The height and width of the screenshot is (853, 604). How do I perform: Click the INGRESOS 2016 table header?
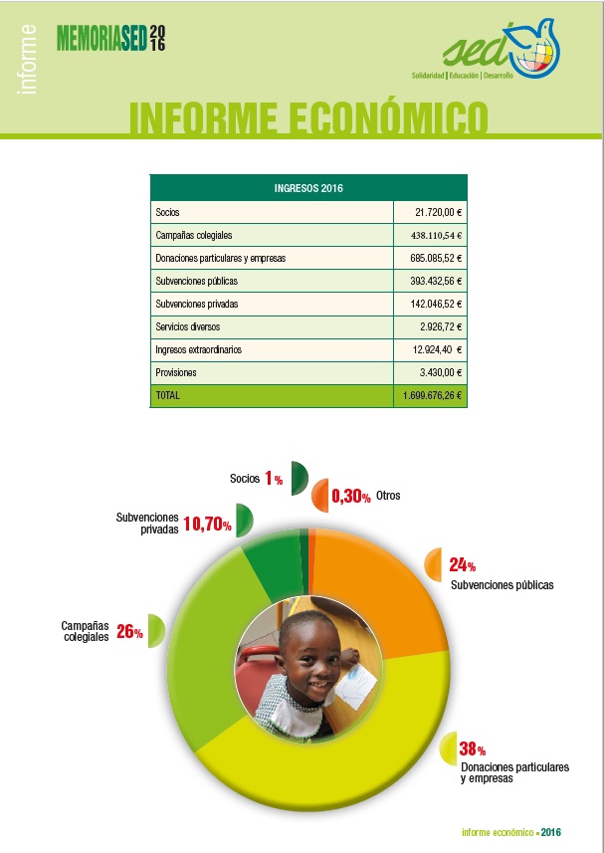[308, 188]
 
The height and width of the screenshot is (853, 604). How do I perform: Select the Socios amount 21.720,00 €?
[438, 212]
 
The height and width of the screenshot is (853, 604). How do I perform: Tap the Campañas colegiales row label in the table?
[194, 236]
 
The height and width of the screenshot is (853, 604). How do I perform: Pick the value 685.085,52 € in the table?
[436, 258]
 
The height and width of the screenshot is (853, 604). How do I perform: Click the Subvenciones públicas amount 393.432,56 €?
[436, 281]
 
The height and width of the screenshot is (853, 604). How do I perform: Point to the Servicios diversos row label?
[187, 326]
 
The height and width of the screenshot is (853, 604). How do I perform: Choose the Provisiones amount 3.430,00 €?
[441, 372]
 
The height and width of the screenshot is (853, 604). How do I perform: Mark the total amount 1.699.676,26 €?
[432, 395]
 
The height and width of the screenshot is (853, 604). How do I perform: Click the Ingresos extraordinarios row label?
[198, 349]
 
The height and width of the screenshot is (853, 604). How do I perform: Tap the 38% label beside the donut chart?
[472, 749]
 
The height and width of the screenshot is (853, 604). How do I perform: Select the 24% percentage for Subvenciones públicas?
[462, 565]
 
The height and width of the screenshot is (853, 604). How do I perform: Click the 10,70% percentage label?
[207, 524]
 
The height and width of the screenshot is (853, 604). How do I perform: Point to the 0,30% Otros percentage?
[350, 496]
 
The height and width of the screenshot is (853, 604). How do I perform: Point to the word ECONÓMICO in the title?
[388, 117]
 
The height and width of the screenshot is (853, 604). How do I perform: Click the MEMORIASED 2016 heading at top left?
[110, 38]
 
